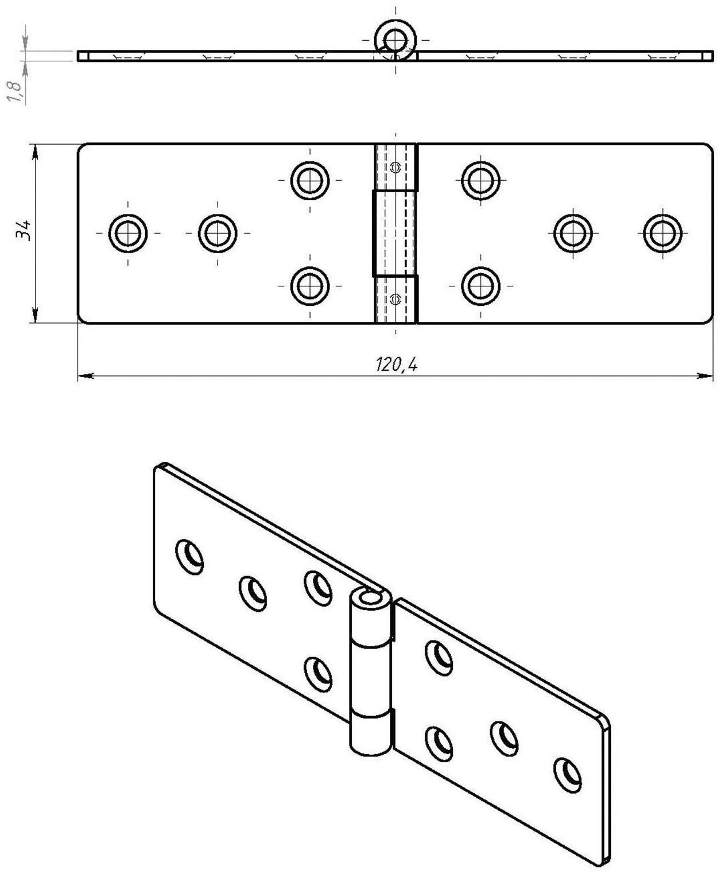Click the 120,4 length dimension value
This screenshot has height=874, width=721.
[x=396, y=364]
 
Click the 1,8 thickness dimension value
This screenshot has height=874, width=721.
[x=16, y=92]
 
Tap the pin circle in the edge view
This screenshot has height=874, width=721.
[x=394, y=40]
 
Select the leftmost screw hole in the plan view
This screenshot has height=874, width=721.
[x=127, y=233]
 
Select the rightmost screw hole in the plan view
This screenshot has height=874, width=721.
[x=662, y=233]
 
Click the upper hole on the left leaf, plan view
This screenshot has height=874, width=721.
[x=310, y=180]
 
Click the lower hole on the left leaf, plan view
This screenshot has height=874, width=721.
[x=310, y=286]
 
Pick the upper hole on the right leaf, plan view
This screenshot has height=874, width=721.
[x=480, y=180]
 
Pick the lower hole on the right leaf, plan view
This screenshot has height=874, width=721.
[x=480, y=286]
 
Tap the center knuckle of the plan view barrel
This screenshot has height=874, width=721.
[x=394, y=233]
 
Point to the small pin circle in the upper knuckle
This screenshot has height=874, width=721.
[x=394, y=167]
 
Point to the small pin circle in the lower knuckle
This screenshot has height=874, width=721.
[x=394, y=298]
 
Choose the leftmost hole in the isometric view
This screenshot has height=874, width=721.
[x=189, y=556]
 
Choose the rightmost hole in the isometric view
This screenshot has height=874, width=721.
[x=567, y=775]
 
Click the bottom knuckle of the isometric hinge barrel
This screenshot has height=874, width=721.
[x=370, y=733]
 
